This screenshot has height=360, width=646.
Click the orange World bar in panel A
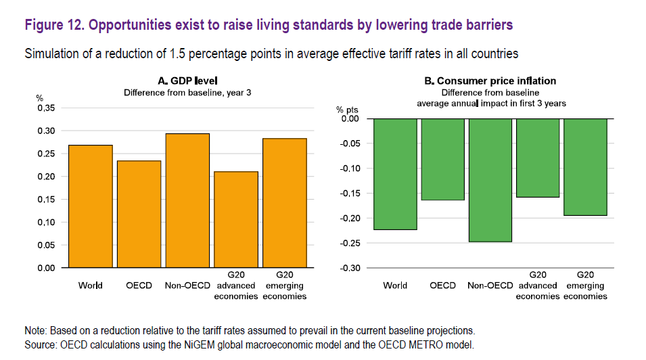91,206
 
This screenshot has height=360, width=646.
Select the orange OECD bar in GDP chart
139,214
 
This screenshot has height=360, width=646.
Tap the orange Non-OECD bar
187,200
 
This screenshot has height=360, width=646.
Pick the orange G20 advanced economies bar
236,220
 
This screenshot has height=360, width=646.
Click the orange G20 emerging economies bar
285,203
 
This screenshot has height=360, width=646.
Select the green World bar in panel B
395,174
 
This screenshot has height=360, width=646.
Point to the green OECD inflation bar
443,159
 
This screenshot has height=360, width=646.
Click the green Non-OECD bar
490,180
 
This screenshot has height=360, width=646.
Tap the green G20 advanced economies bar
538,158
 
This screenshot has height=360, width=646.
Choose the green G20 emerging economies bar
586,167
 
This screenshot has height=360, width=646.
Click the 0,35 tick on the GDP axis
45,108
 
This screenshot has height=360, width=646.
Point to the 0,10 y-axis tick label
45,222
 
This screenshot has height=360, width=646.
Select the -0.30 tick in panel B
350,268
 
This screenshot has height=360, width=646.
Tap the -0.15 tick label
350,194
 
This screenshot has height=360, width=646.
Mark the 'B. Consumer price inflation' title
490,81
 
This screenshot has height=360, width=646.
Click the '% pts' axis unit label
349,109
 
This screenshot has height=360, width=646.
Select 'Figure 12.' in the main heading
54,25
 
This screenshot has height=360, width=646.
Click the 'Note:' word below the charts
37,331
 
